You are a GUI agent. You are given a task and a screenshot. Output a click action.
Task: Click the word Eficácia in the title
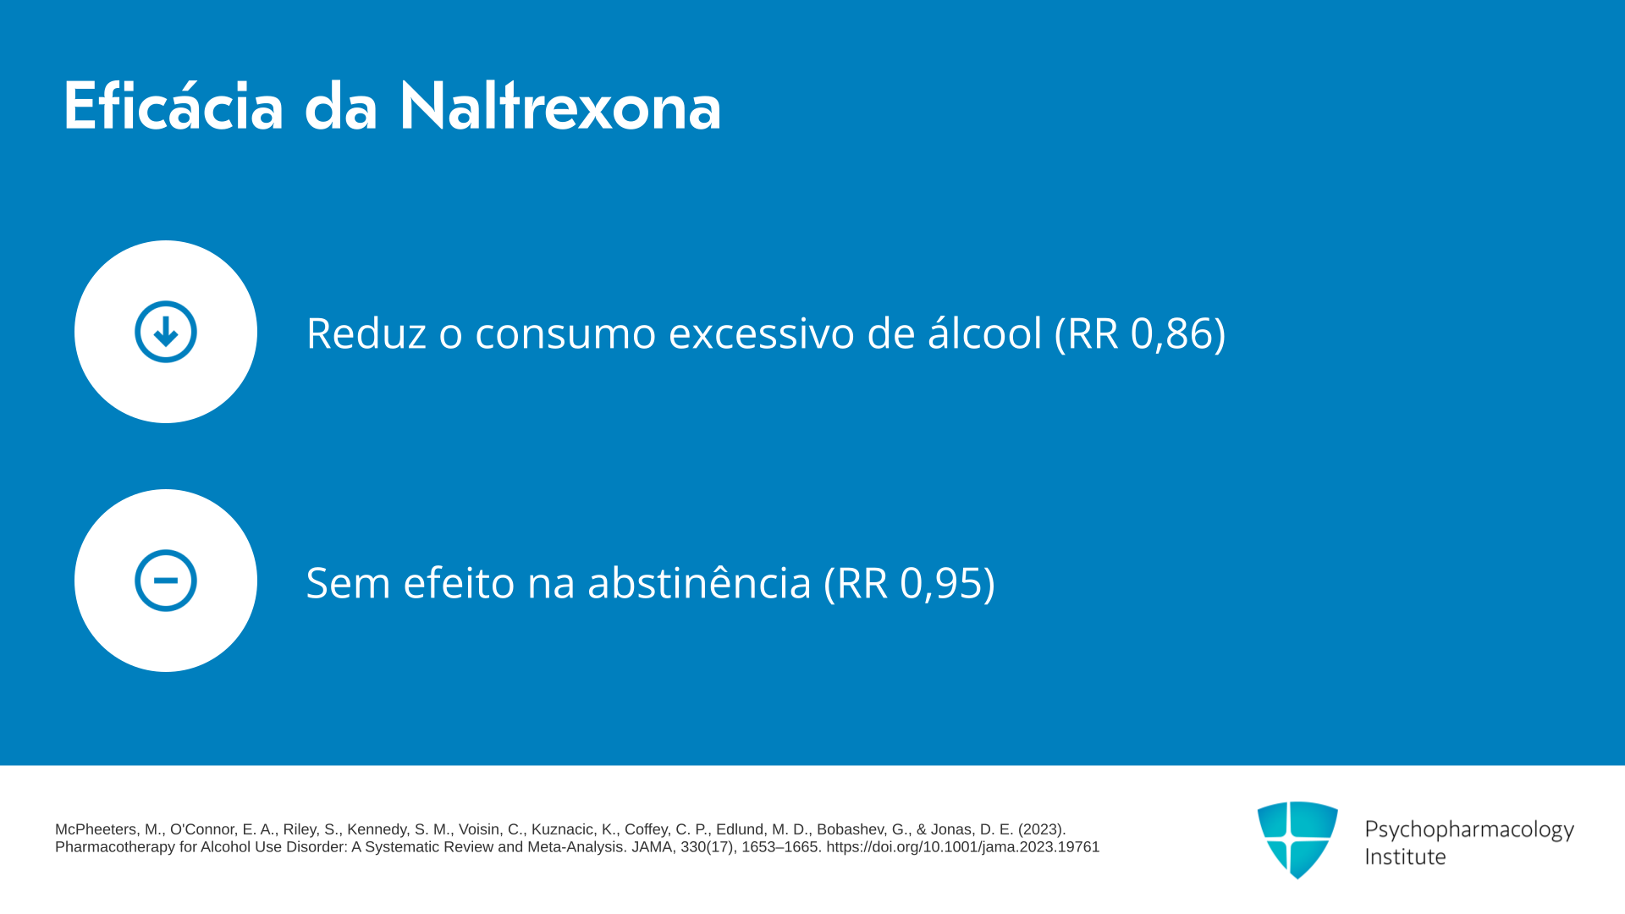click(174, 106)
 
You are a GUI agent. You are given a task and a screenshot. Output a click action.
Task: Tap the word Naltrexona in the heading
click(560, 106)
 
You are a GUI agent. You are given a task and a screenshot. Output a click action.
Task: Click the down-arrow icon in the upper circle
click(166, 332)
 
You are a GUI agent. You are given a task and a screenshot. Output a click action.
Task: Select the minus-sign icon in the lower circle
click(166, 581)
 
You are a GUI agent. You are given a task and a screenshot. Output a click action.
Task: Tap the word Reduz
click(366, 333)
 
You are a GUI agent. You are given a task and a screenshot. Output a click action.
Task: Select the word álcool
click(985, 332)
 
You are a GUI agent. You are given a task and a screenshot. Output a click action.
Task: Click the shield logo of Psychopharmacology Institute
click(1297, 840)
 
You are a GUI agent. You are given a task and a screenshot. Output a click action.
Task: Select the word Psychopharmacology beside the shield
click(1469, 830)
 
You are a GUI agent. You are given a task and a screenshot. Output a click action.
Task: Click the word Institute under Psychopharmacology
click(1406, 856)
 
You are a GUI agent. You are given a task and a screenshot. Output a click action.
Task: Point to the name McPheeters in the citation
click(96, 829)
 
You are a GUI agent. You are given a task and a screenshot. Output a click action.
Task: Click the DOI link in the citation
click(963, 847)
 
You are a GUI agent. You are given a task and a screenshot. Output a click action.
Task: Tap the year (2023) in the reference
click(1042, 829)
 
